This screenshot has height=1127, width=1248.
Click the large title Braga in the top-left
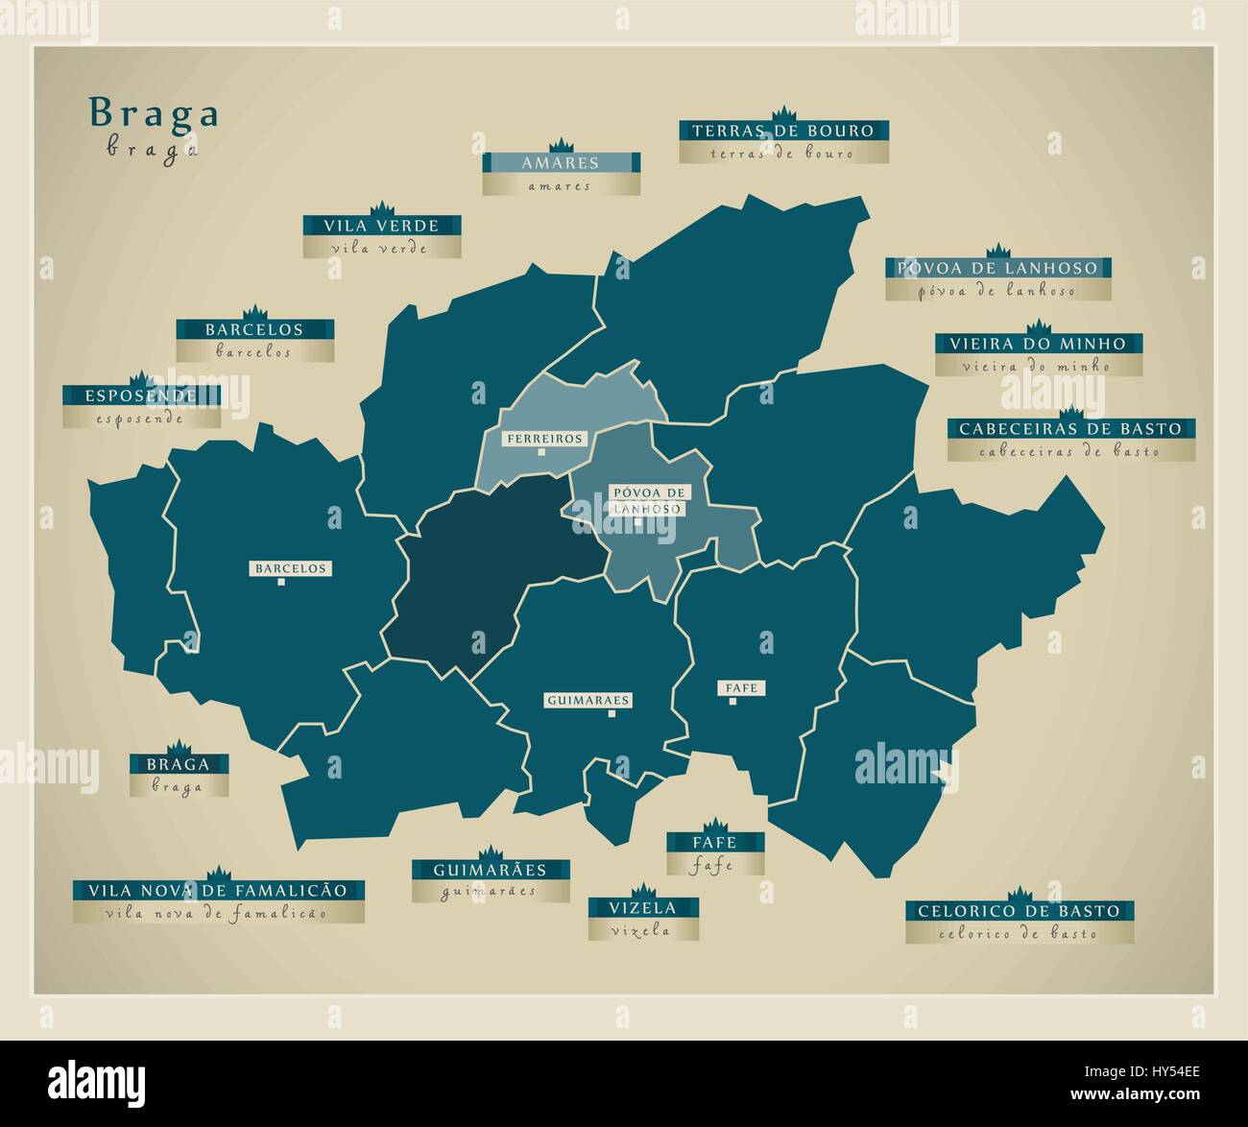point(154,114)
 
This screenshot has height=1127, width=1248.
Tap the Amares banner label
point(561,163)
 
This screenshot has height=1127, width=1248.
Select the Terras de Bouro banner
point(783,131)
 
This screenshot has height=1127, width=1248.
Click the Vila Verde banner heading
point(381,227)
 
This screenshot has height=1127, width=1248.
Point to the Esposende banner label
point(141,396)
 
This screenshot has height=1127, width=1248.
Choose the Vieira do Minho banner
point(1038,344)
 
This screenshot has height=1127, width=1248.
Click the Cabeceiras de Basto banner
point(1070,429)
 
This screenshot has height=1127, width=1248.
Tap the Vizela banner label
point(642,908)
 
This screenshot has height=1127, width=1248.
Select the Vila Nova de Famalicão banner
point(219,890)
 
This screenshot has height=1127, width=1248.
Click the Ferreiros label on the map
point(544,439)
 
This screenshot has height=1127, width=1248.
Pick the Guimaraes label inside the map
point(588,701)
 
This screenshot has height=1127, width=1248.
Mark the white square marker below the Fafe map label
point(732,702)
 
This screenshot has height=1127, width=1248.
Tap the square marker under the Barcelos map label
point(280,582)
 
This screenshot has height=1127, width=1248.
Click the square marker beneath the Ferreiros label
point(541,451)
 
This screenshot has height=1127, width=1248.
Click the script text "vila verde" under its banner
point(381,249)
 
